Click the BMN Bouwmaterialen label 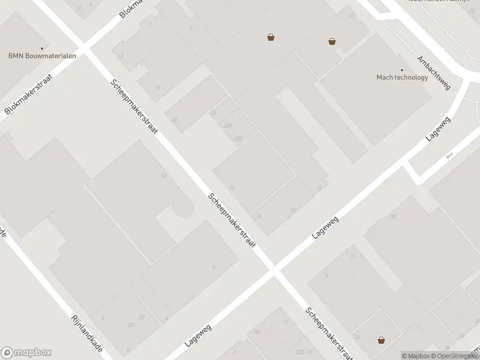click(x=41, y=56)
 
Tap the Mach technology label click(x=402, y=77)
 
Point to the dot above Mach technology click(x=402, y=70)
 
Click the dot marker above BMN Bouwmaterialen click(x=42, y=48)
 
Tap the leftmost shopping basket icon click(x=271, y=37)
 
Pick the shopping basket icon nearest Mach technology click(x=332, y=41)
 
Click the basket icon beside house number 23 click(x=381, y=340)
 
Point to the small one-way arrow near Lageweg click(x=449, y=156)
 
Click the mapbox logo click(x=26, y=353)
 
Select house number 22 click(x=232, y=188)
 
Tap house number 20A click(x=228, y=125)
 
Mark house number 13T click(x=394, y=217)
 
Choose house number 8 click(x=213, y=266)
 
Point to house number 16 click(x=158, y=88)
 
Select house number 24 click(x=259, y=215)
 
